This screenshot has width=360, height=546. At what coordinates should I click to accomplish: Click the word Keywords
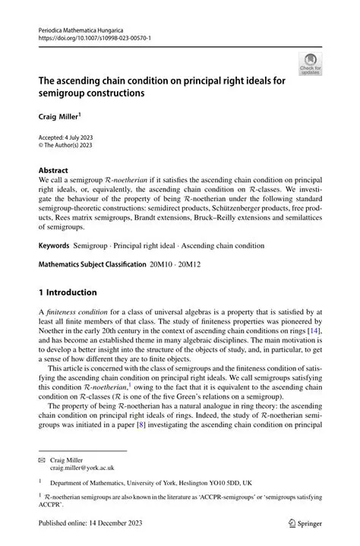[54, 246]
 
